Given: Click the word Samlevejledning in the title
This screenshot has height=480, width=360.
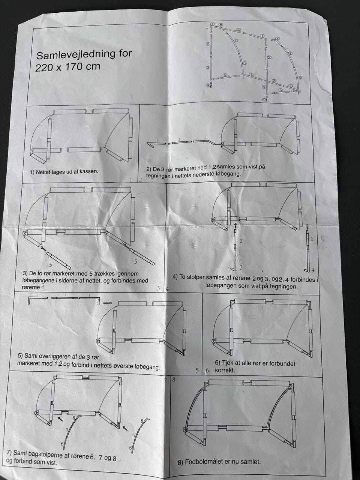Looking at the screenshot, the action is pyautogui.click(x=75, y=55).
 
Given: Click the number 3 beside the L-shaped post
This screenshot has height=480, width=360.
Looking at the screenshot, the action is pyautogui.click(x=241, y=267).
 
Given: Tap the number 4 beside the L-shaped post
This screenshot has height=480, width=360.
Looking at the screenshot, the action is pyautogui.click(x=313, y=270).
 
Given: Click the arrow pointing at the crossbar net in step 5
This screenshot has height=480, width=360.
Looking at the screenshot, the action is pyautogui.click(x=107, y=303).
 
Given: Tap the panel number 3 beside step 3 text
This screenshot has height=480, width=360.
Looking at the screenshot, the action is pyautogui.click(x=158, y=288).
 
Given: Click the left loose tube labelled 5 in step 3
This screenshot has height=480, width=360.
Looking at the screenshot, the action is pyautogui.click(x=58, y=261).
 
